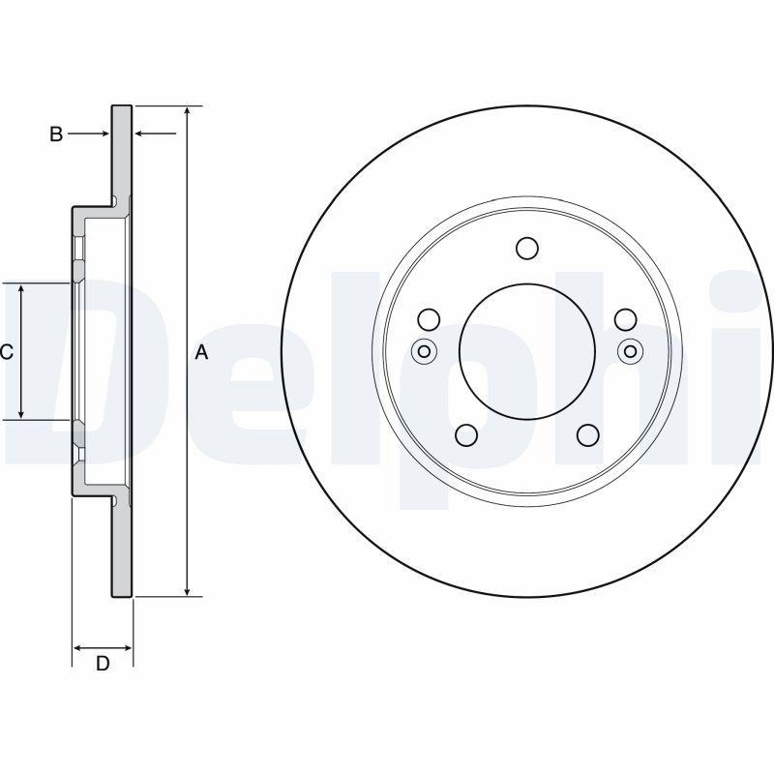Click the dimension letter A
pyautogui.click(x=201, y=352)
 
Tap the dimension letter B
pyautogui.click(x=56, y=134)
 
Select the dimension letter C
pyautogui.click(x=6, y=352)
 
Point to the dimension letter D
pyautogui.click(x=102, y=663)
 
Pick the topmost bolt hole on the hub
pyautogui.click(x=526, y=249)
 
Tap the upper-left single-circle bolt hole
pyautogui.click(x=429, y=319)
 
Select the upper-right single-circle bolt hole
pyautogui.click(x=625, y=319)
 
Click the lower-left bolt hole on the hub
pyautogui.click(x=466, y=435)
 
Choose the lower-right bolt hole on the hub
pyautogui.click(x=587, y=435)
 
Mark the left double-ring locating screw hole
pyautogui.click(x=423, y=351)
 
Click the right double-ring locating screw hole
pyautogui.click(x=631, y=351)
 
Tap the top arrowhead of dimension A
pyautogui.click(x=188, y=112)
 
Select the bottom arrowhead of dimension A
pyautogui.click(x=188, y=589)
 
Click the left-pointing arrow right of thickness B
pyautogui.click(x=141, y=134)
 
